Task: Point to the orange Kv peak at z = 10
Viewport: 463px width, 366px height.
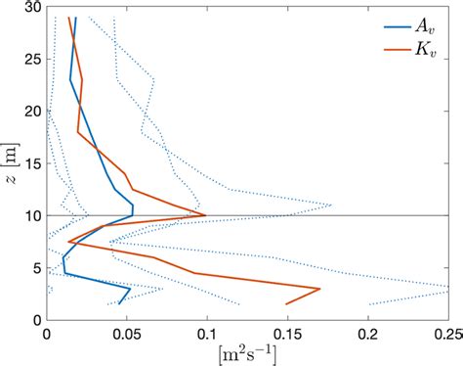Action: pyautogui.click(x=205, y=215)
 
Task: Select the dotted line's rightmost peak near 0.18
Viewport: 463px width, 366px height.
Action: pyautogui.click(x=331, y=206)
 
